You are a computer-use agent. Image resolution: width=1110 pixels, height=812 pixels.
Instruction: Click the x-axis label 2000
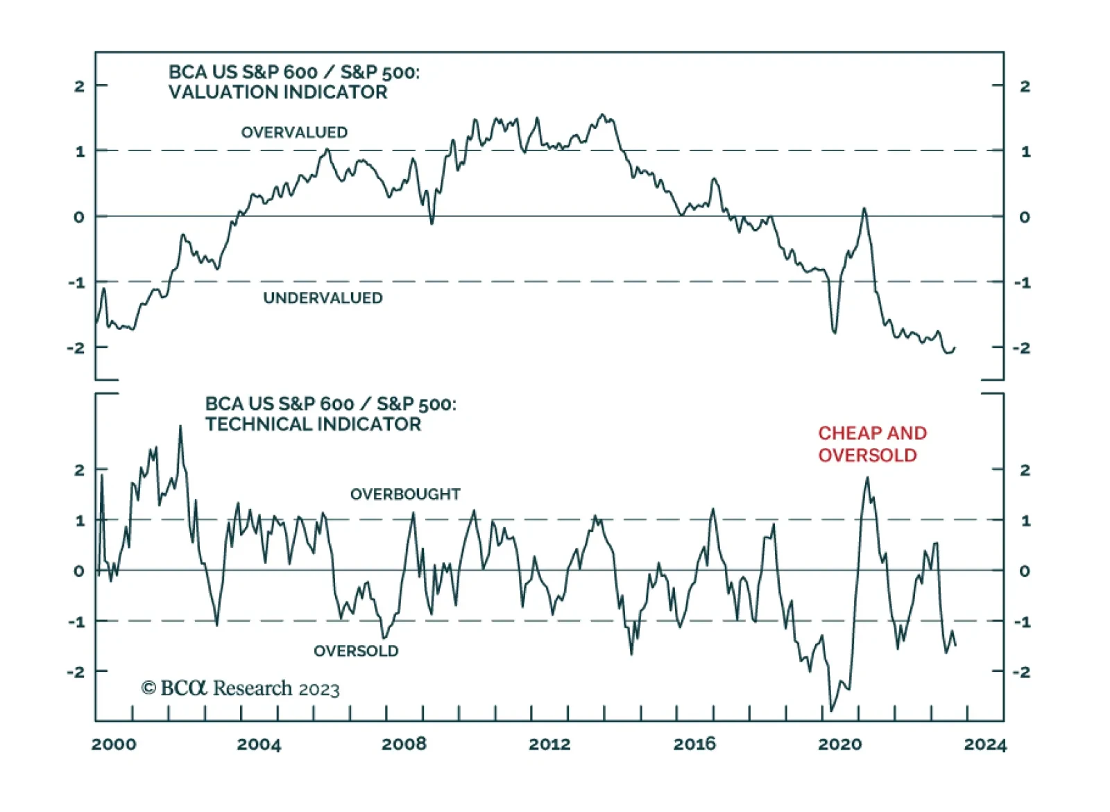pos(114,745)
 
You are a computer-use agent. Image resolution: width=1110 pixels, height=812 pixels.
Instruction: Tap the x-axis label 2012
pos(549,745)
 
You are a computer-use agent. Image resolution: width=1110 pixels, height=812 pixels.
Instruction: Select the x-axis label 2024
pos(985,745)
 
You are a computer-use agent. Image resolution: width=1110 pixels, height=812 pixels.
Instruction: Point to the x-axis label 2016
pos(694,745)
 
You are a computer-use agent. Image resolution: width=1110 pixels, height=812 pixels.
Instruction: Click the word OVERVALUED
pos(294,132)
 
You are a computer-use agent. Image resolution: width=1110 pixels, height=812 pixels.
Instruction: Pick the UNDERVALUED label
pos(323,298)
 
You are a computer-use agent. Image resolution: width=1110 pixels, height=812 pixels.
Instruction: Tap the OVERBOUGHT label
pos(405,494)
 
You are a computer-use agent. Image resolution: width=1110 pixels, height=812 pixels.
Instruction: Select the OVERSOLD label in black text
pos(356,651)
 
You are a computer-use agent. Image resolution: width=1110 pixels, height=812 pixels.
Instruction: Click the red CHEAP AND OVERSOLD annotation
pos(872,444)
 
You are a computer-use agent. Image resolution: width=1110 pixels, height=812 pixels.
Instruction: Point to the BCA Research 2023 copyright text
pos(240,689)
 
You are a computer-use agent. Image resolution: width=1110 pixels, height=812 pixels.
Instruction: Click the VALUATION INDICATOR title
pos(277,92)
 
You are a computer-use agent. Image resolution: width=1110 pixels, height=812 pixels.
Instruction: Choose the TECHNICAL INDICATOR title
pos(313,424)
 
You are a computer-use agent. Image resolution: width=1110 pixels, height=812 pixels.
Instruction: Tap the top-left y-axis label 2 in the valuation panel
pos(80,87)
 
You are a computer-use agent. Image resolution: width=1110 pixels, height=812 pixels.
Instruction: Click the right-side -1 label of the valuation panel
pos(1023,283)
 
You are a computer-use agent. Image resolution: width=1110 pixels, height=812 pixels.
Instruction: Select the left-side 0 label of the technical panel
pos(80,571)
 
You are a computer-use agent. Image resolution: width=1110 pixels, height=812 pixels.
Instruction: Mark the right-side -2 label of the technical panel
pos(1022,672)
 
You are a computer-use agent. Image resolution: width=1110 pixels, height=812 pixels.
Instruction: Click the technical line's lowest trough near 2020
pos(831,711)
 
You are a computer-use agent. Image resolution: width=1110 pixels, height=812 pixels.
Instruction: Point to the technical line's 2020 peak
pos(867,478)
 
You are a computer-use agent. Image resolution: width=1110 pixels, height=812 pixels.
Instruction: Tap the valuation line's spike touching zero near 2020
pos(864,208)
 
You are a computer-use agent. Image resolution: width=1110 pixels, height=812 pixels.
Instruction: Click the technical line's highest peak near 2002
pos(180,426)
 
